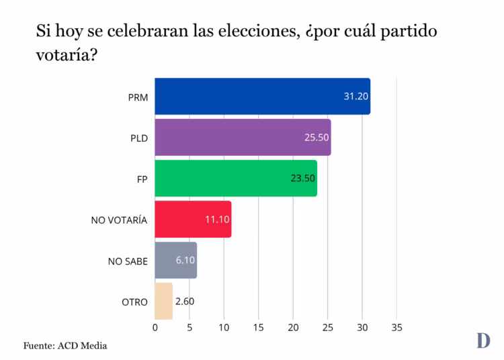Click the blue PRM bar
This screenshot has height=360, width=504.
pyautogui.click(x=262, y=96)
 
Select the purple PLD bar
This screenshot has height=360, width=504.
pyautogui.click(x=243, y=138)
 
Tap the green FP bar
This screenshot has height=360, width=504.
pyautogui.click(x=235, y=179)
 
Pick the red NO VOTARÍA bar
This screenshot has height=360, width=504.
pyautogui.click(x=193, y=219)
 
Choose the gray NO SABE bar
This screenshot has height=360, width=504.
pyautogui.click(x=175, y=261)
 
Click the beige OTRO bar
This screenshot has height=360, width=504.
pyautogui.click(x=163, y=302)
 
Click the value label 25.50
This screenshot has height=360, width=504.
pyautogui.click(x=317, y=138)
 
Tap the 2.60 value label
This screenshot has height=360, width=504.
pyautogui.click(x=185, y=302)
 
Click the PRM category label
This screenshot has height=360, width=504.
pyautogui.click(x=138, y=97)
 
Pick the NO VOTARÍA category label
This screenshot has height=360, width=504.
pyautogui.click(x=119, y=220)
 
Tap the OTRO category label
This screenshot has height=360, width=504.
pyautogui.click(x=134, y=302)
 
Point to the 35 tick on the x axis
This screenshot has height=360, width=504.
pyautogui.click(x=396, y=328)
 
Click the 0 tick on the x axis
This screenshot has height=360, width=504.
pyautogui.click(x=155, y=328)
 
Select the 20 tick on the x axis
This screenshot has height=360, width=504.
pyautogui.click(x=293, y=328)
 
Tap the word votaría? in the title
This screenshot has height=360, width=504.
pyautogui.click(x=67, y=54)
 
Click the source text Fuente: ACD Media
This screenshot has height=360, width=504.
pyautogui.click(x=65, y=346)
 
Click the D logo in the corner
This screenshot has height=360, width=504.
pyautogui.click(x=482, y=341)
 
